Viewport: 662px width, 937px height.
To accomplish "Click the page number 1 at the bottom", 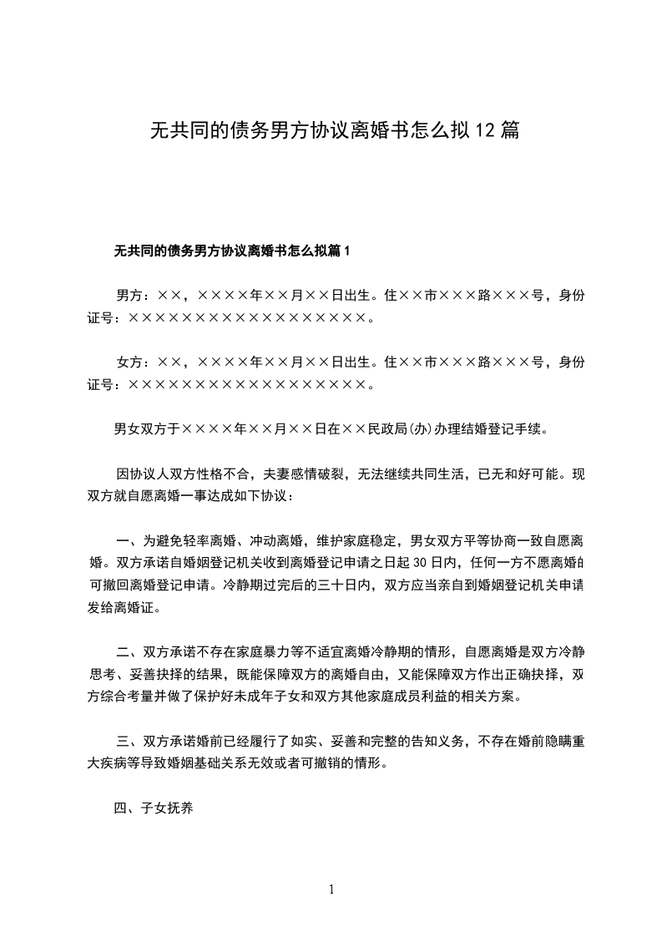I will pyautogui.click(x=331, y=889).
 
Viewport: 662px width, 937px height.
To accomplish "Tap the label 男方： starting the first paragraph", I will pyautogui.click(x=132, y=296).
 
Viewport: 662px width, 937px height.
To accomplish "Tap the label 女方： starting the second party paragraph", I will pyautogui.click(x=132, y=362).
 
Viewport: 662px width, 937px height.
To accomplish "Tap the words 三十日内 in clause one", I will pyautogui.click(x=344, y=585).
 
